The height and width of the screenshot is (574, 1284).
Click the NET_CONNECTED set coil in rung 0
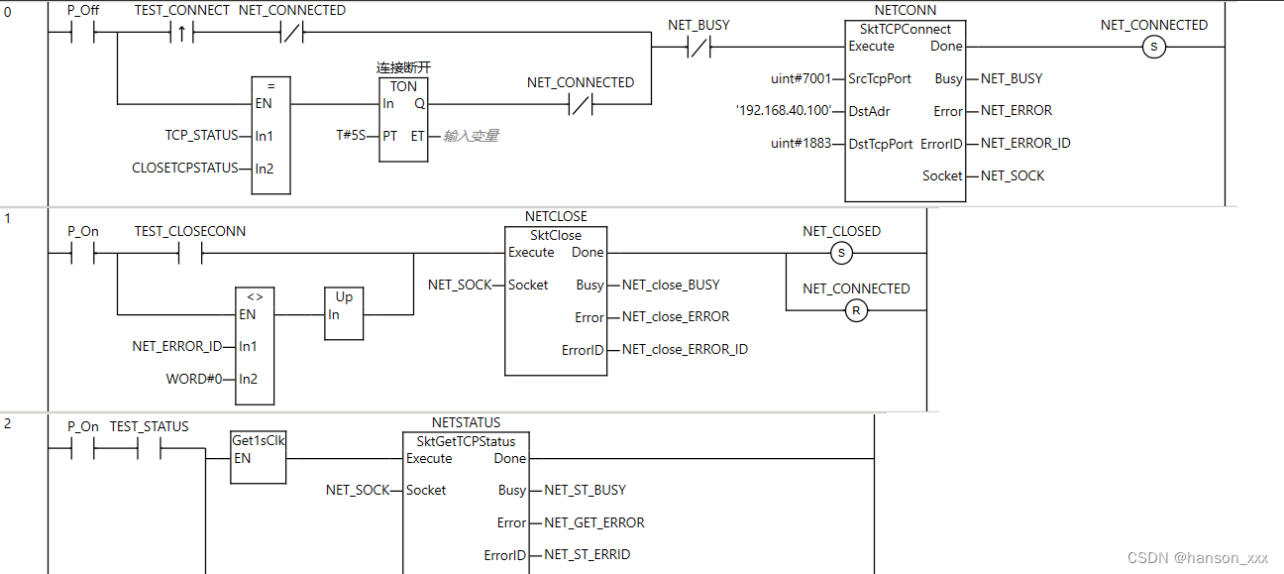point(1153,47)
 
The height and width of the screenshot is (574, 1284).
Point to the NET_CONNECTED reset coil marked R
point(856,310)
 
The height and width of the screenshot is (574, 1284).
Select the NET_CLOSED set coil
point(841,253)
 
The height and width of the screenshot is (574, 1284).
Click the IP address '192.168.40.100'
point(783,110)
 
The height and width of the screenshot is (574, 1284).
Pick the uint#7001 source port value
point(801,78)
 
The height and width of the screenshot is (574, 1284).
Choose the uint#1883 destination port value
point(801,144)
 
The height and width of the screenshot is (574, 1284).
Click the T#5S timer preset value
point(351,135)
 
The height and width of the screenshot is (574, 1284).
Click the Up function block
point(344,314)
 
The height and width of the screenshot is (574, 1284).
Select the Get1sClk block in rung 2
point(258,457)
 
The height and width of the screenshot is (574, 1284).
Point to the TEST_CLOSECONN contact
point(189,253)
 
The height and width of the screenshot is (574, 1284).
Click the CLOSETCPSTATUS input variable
point(185,168)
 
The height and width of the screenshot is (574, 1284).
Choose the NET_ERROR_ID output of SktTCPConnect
point(1025,143)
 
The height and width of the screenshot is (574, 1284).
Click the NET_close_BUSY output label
point(671,285)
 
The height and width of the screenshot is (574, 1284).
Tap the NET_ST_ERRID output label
point(587,554)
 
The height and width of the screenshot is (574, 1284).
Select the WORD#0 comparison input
point(194,379)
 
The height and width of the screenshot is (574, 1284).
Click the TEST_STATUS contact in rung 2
point(149,448)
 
